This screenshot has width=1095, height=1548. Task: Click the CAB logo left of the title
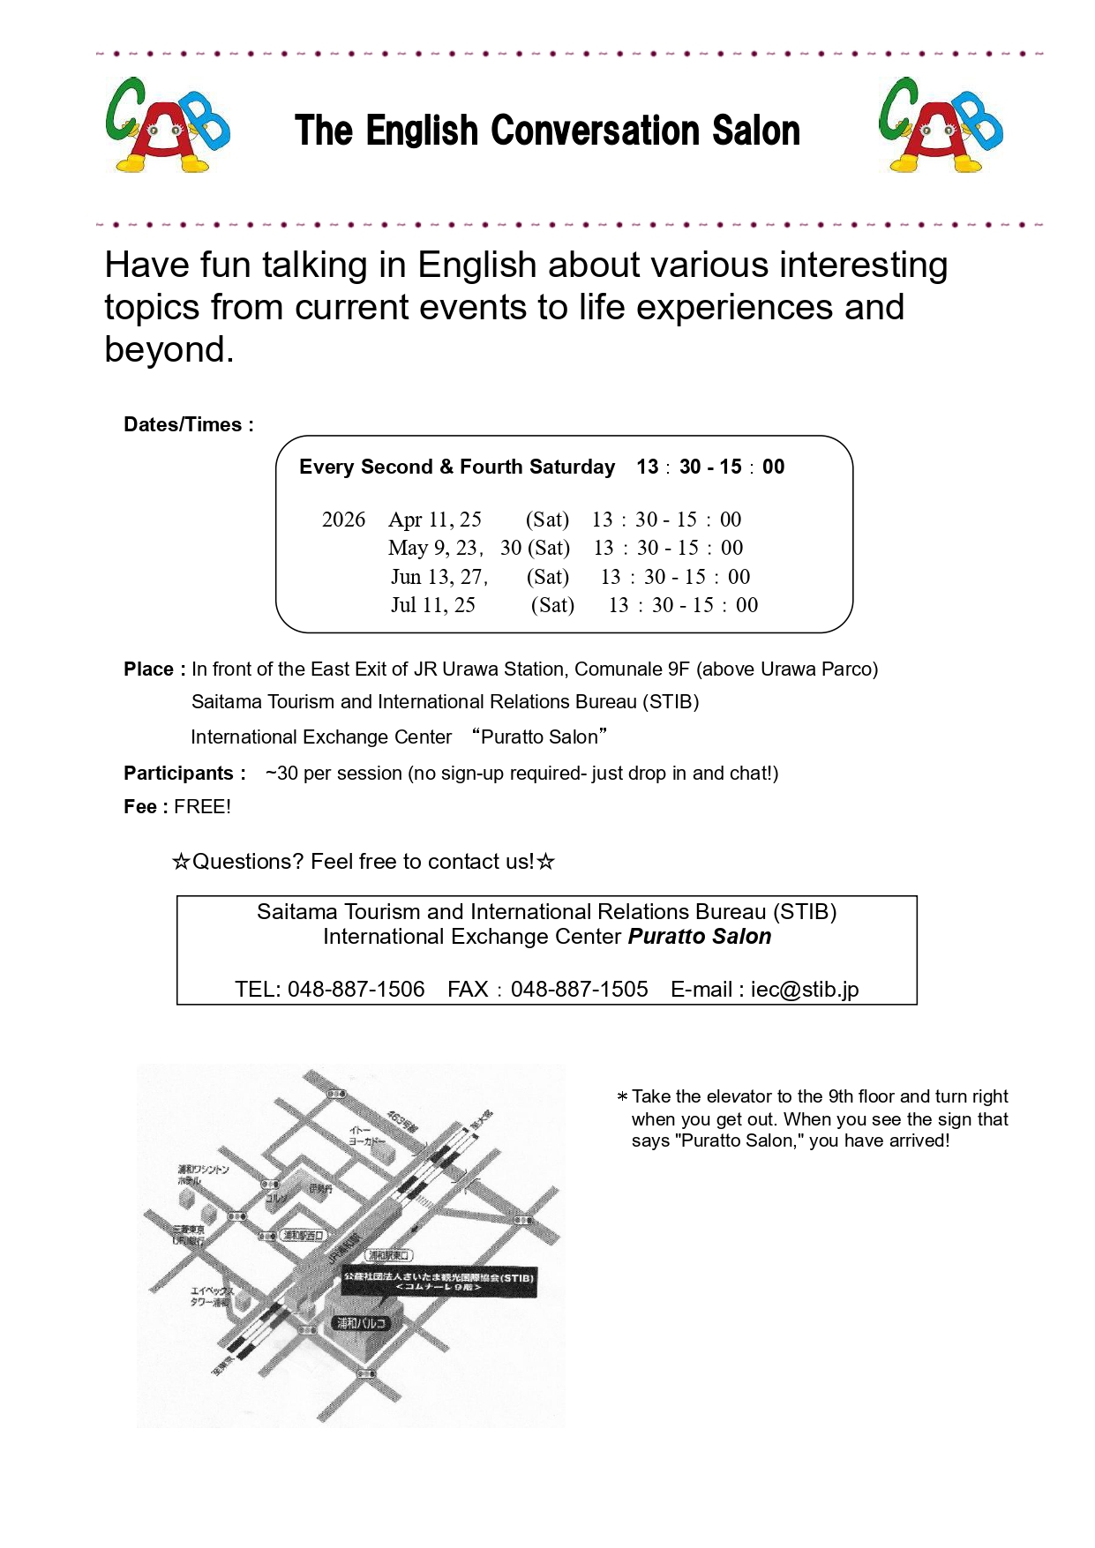[x=167, y=125]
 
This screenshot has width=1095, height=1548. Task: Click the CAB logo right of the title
[x=941, y=125]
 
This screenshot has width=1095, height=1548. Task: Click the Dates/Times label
[x=188, y=424]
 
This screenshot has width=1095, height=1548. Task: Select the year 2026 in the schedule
[x=343, y=520]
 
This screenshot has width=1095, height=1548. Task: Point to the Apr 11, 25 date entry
[x=435, y=520]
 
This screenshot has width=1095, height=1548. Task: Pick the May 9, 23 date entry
[x=434, y=548]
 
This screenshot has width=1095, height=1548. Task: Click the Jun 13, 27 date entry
[x=439, y=577]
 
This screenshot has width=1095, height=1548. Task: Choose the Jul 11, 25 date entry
[x=433, y=605]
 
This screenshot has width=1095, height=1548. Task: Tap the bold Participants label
[x=184, y=774]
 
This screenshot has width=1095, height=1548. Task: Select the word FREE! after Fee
[x=202, y=807]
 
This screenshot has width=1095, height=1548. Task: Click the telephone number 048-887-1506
[x=356, y=990]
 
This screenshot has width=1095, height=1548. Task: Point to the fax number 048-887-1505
[x=579, y=990]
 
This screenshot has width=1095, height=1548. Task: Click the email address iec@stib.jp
[x=804, y=990]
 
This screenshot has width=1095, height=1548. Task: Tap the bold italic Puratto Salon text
[x=699, y=937]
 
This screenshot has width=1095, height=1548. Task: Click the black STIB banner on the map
[x=439, y=1282]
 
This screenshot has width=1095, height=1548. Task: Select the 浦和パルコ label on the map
[x=361, y=1323]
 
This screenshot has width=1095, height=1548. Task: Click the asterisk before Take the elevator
[x=622, y=1096]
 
